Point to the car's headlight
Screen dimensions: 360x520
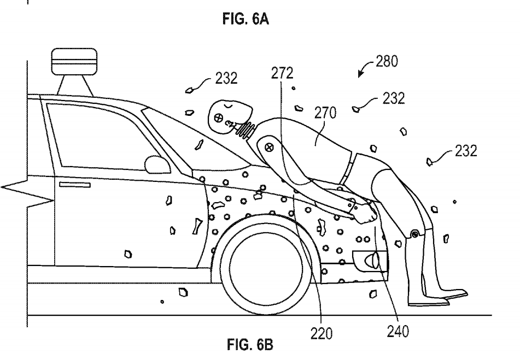tap(369, 258)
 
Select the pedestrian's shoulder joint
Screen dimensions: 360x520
tap(268, 146)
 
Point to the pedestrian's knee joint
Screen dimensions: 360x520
tap(414, 233)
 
